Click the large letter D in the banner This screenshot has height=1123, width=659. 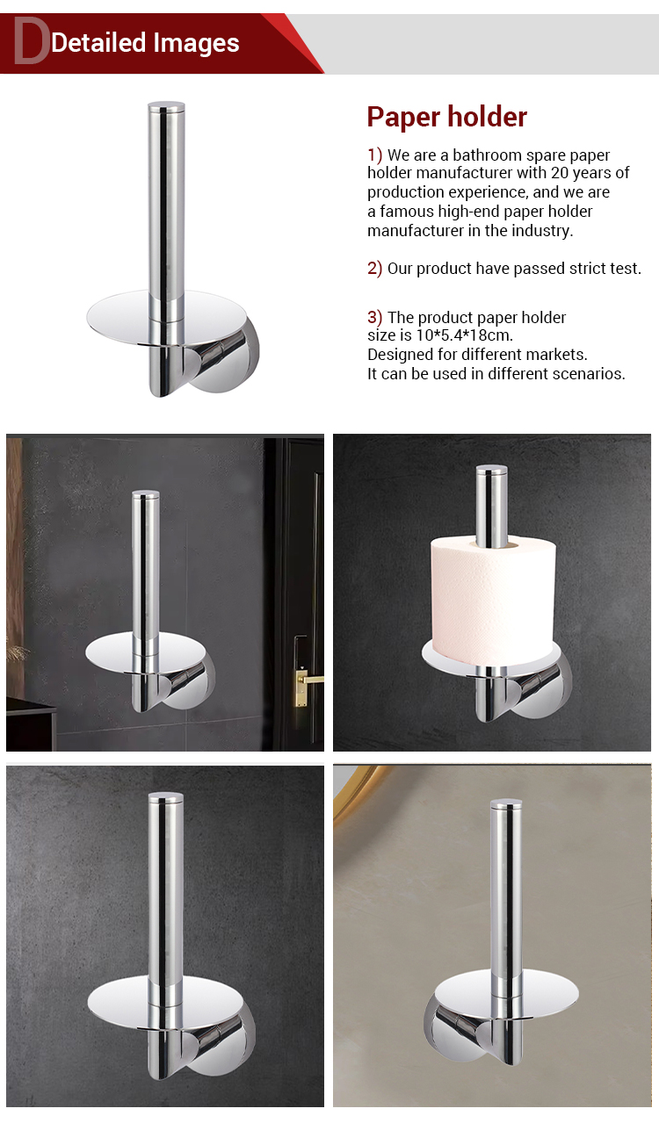pyautogui.click(x=30, y=41)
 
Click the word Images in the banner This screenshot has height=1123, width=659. pyautogui.click(x=196, y=43)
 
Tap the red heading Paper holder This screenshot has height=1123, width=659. pyautogui.click(x=446, y=117)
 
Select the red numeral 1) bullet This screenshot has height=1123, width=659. pyautogui.click(x=374, y=154)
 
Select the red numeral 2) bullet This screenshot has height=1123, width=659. pyautogui.click(x=374, y=268)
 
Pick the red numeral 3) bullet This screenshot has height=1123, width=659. pyautogui.click(x=374, y=317)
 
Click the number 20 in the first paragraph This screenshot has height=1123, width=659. pyautogui.click(x=560, y=172)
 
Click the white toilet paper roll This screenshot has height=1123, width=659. pyautogui.click(x=493, y=600)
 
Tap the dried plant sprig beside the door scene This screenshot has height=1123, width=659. pyautogui.click(x=17, y=651)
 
